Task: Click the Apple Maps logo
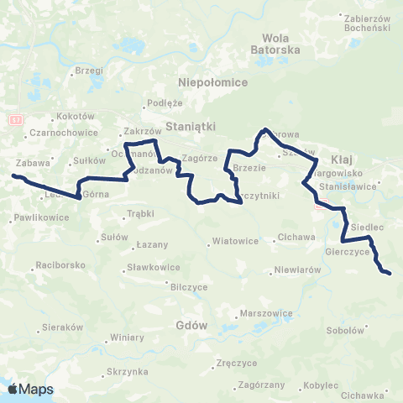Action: point(30,389)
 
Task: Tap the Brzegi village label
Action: point(88,71)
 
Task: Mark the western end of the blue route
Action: point(13,175)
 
